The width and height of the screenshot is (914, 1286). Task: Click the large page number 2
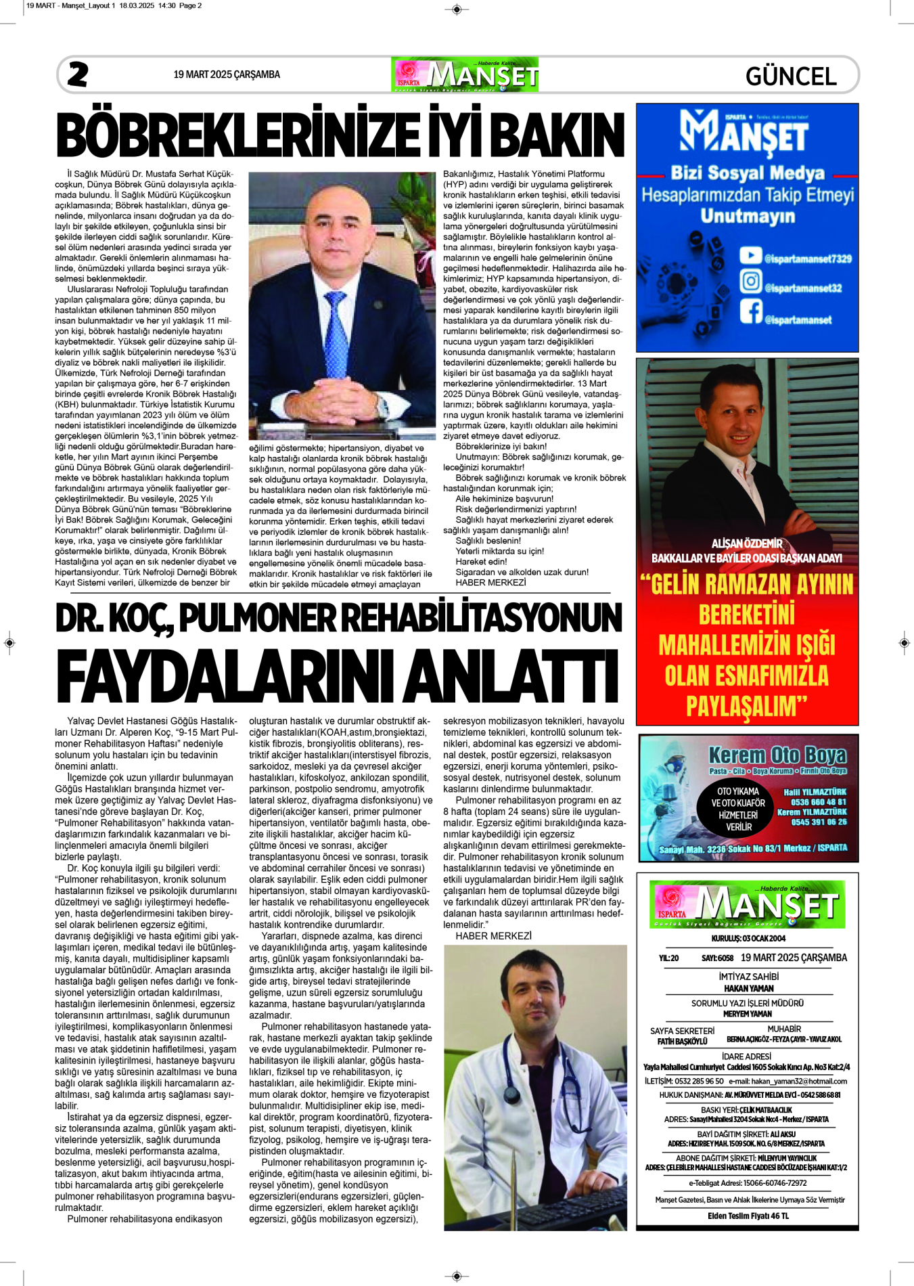point(78,74)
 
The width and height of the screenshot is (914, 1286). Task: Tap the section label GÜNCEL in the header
point(791,76)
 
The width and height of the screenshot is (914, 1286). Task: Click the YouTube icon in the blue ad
point(750,255)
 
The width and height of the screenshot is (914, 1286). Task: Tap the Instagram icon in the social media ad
point(750,281)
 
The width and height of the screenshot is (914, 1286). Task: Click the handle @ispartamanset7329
point(808,259)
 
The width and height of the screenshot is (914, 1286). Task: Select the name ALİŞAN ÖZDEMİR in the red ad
point(747,544)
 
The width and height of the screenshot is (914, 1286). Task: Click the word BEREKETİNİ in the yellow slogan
point(746,615)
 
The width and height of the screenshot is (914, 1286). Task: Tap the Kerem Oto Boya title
point(777,755)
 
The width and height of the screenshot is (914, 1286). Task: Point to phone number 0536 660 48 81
point(819,802)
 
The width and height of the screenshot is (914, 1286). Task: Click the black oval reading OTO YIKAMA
point(738,808)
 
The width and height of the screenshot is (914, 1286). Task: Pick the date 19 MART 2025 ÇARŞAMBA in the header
point(227,74)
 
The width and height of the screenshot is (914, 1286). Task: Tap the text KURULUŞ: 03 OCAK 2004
point(747,938)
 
